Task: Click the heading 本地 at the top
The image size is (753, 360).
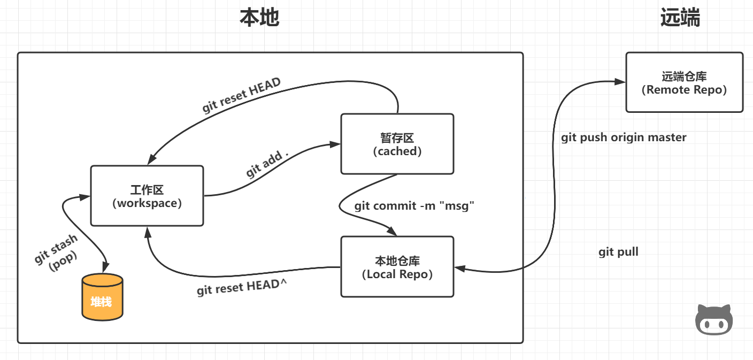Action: [x=259, y=18]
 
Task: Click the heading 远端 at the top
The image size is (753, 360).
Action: [x=680, y=18]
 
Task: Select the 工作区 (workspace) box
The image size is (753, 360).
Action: [x=147, y=196]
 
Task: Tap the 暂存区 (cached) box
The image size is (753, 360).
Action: [x=397, y=144]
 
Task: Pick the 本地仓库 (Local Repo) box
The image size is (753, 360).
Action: [x=397, y=267]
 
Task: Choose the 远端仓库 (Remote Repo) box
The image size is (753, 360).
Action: [x=684, y=82]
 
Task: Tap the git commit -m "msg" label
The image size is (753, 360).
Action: [x=414, y=206]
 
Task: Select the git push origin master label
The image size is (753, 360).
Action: [x=624, y=137]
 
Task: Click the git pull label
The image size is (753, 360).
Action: [x=618, y=252]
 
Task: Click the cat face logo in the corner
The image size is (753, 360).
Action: [x=713, y=320]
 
